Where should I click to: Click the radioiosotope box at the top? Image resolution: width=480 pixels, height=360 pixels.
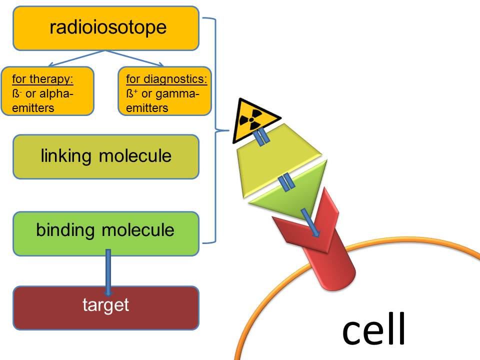[106, 28]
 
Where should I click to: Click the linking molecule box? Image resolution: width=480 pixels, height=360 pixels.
[106, 156]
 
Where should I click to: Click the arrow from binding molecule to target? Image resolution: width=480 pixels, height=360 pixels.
[107, 272]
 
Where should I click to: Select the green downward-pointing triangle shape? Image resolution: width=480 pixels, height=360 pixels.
[290, 192]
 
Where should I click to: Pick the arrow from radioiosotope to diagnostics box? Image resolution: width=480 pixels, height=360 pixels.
[135, 58]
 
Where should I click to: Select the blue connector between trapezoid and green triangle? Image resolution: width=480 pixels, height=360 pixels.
[286, 182]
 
